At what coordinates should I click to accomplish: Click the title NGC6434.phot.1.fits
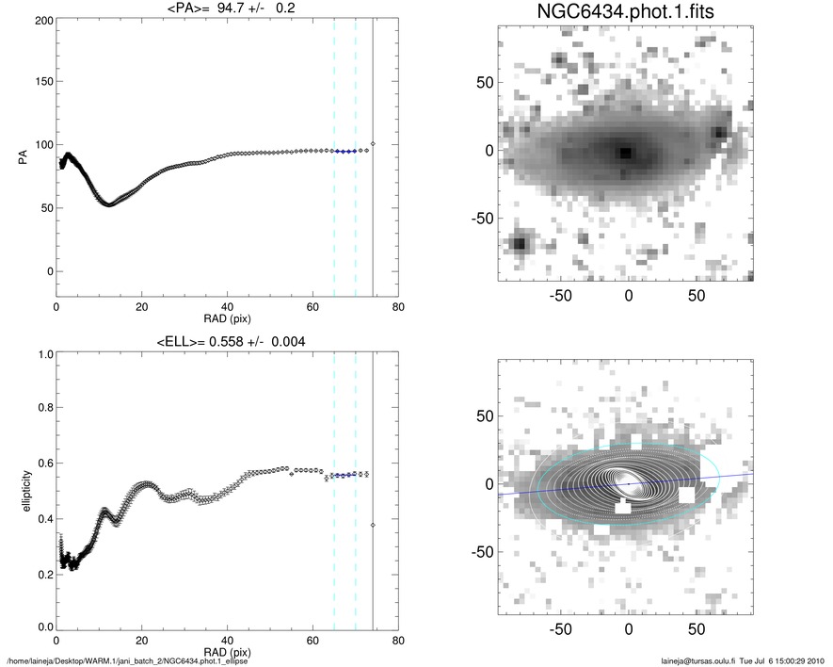(x=627, y=13)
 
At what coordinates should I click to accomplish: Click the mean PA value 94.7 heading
(x=226, y=10)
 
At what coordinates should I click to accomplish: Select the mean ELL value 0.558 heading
(x=226, y=341)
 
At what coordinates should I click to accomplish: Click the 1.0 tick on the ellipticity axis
(x=41, y=355)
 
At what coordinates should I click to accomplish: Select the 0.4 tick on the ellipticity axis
(x=41, y=518)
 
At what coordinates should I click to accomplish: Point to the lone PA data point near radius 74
(x=373, y=143)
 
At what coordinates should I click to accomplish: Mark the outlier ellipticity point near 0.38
(x=373, y=524)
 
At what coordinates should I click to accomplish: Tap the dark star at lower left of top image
(x=519, y=244)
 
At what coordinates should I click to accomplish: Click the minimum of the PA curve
(x=108, y=203)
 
